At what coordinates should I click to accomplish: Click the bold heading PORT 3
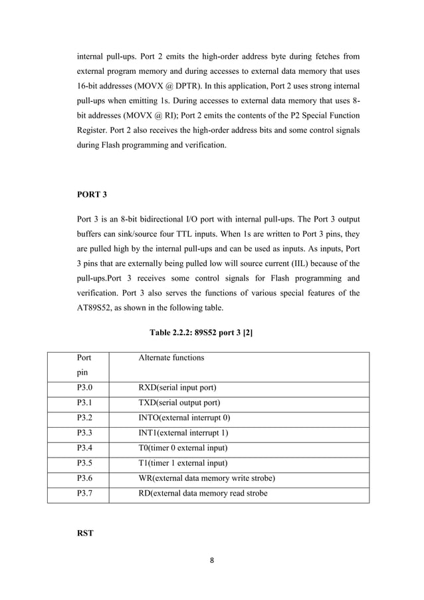coord(92,194)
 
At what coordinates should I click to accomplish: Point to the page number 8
coord(211,560)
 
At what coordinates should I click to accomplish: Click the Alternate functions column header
coord(171,358)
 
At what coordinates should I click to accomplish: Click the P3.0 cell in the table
coord(84,387)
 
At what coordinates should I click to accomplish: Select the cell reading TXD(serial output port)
coord(179,402)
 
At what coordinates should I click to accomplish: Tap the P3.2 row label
coord(84,418)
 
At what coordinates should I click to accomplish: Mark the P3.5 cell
coord(84,464)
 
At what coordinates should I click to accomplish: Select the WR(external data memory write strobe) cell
coord(206,479)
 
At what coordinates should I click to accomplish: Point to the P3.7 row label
coord(84,494)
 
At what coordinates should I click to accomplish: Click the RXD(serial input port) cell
coord(177,387)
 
